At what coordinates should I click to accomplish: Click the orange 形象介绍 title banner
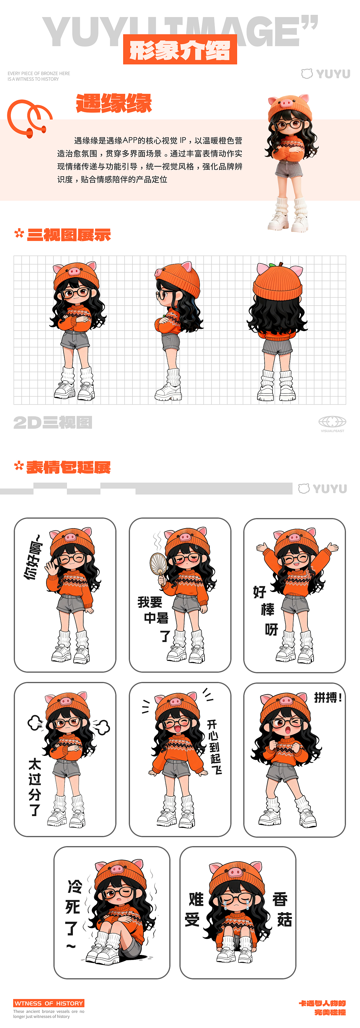[x=180, y=50]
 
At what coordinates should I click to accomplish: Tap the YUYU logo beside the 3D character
[x=326, y=74]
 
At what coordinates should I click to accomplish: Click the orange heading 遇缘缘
[x=114, y=103]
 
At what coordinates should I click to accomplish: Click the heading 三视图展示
[x=68, y=235]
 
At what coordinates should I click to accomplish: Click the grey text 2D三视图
[x=53, y=422]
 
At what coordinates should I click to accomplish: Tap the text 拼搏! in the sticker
[x=328, y=698]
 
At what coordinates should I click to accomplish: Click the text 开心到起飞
[x=214, y=747]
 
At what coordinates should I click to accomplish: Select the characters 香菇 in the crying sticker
[x=283, y=910]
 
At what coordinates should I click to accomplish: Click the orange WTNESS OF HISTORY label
[x=49, y=1003]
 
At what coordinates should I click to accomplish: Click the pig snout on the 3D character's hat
[x=286, y=104]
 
